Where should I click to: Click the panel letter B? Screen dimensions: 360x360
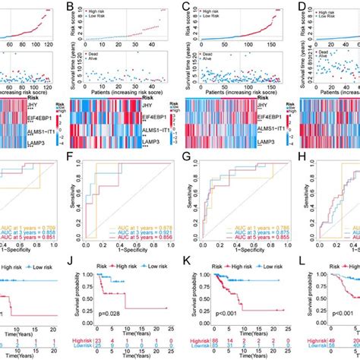pos(72,10)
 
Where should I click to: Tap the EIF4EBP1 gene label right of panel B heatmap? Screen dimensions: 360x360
pos(161,117)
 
